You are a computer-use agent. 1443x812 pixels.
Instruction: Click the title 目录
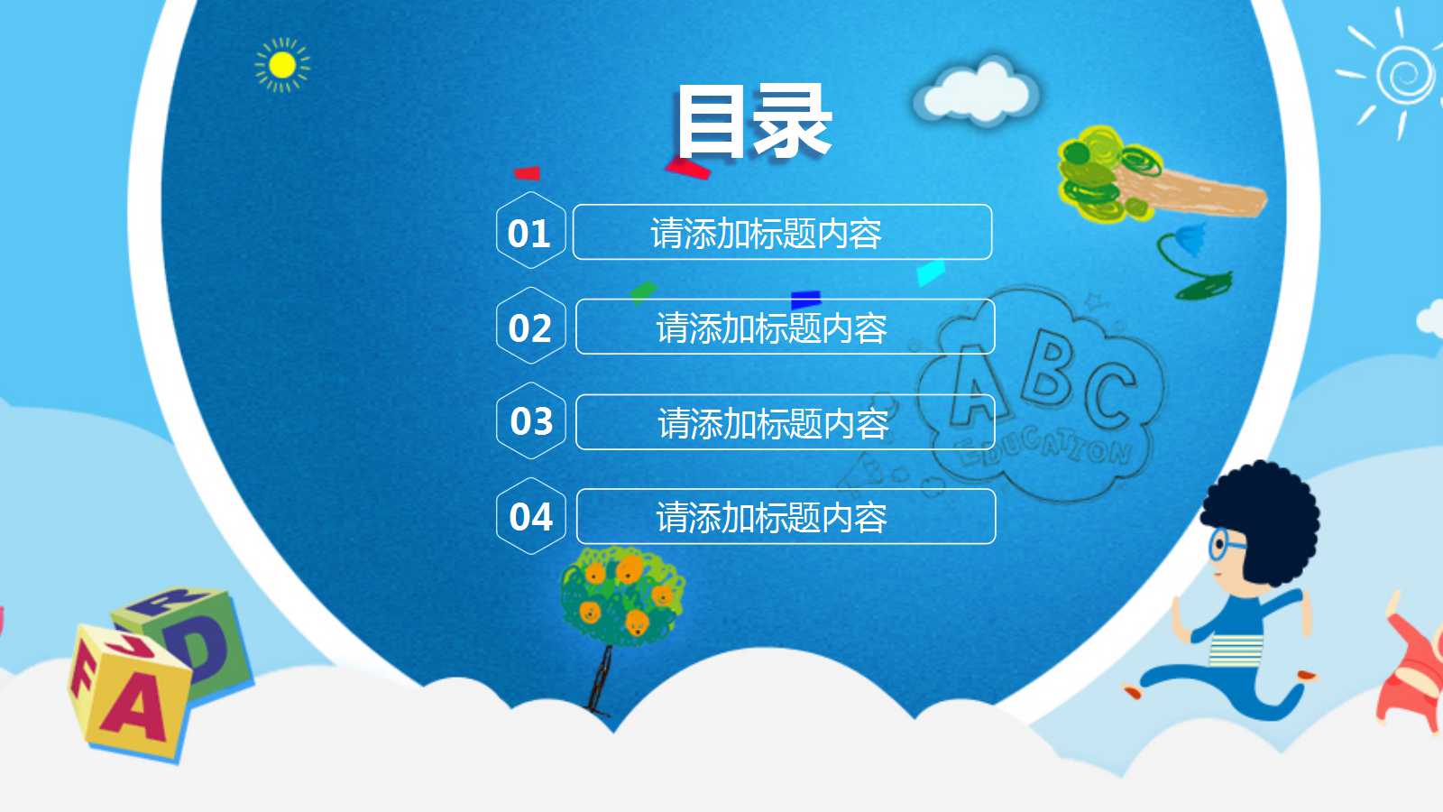tap(754, 121)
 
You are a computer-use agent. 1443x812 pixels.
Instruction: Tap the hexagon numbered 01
tap(530, 231)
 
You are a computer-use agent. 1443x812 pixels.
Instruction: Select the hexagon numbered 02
tap(530, 327)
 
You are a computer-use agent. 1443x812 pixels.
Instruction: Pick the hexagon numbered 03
tap(531, 420)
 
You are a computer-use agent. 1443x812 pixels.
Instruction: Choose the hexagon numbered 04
tap(531, 516)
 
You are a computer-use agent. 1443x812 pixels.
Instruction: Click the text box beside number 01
tap(782, 232)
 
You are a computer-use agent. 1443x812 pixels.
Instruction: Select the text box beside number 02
tap(785, 327)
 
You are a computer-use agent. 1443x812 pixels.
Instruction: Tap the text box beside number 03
tap(785, 422)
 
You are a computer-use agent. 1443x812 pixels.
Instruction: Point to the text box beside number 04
tap(786, 517)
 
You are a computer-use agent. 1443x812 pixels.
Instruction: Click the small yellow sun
tap(282, 65)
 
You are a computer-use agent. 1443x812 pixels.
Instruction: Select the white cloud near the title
tap(977, 91)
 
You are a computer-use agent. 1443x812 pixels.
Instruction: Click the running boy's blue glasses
tap(1222, 545)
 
